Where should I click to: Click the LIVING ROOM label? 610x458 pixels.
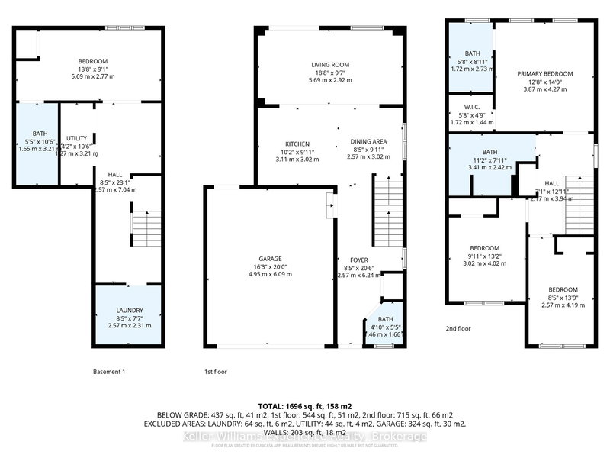329,65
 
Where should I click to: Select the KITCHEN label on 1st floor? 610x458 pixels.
297,144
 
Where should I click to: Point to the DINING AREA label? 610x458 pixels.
369,142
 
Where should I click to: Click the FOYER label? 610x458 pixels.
358,260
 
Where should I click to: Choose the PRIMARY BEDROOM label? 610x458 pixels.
544,74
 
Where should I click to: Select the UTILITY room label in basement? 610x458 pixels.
77,138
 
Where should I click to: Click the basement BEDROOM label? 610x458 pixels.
92,61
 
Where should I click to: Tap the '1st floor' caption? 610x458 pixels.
216,371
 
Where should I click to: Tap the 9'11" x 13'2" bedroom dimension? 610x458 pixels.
484,256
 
